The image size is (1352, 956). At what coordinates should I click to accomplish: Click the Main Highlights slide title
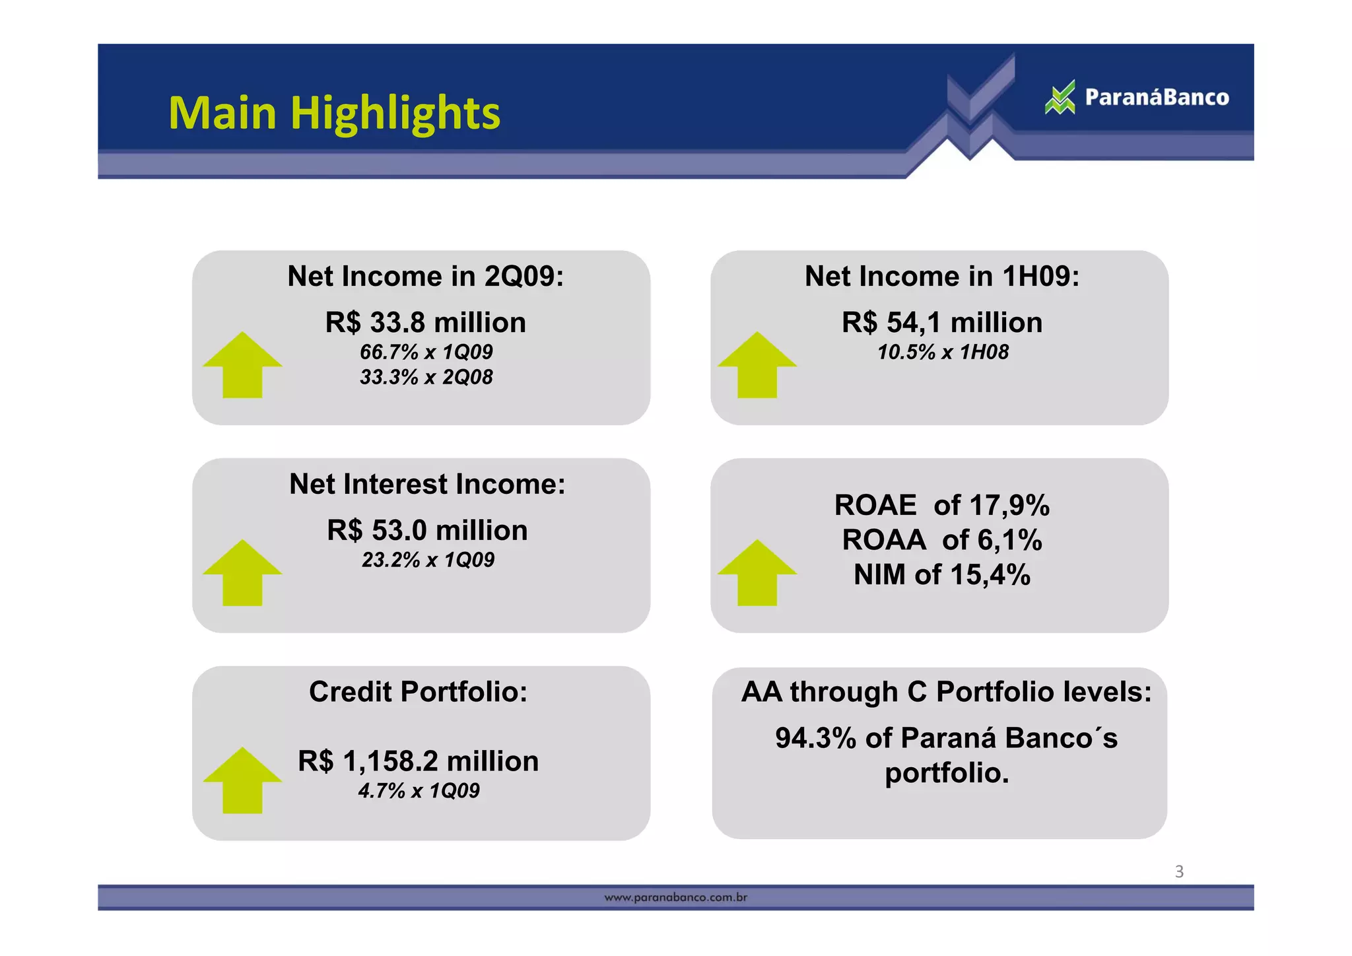pyautogui.click(x=334, y=113)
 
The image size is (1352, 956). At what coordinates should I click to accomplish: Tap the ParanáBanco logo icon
pyautogui.click(x=1060, y=98)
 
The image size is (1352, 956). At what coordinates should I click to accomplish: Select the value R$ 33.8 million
pyautogui.click(x=426, y=323)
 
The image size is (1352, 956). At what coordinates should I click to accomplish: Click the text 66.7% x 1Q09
pyautogui.click(x=426, y=352)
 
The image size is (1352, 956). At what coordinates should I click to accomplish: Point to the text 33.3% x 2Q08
pyautogui.click(x=426, y=377)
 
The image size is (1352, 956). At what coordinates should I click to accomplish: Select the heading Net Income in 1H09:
pyautogui.click(x=942, y=276)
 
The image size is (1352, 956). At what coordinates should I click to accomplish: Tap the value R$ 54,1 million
pyautogui.click(x=942, y=323)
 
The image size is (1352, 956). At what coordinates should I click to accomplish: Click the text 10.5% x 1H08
pyautogui.click(x=943, y=352)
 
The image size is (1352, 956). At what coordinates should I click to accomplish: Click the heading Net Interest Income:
pyautogui.click(x=427, y=484)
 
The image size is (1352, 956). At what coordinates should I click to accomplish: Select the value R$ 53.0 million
pyautogui.click(x=427, y=531)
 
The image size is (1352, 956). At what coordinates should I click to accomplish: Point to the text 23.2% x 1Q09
pyautogui.click(x=428, y=560)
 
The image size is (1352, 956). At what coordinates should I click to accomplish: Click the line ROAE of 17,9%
pyautogui.click(x=942, y=506)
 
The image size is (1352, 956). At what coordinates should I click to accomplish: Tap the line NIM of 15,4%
pyautogui.click(x=942, y=575)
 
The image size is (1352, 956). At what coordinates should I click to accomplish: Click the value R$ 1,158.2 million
pyautogui.click(x=418, y=761)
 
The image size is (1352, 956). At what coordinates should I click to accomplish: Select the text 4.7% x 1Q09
pyautogui.click(x=419, y=790)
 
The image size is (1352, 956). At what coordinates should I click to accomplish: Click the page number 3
pyautogui.click(x=1179, y=871)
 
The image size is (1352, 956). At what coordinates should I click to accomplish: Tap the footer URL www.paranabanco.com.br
pyautogui.click(x=675, y=897)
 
